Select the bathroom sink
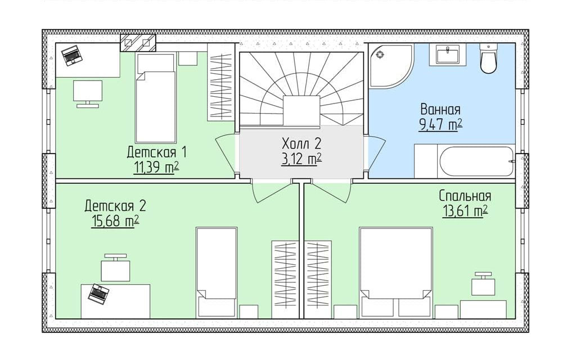[447, 55]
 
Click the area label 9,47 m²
[440, 125]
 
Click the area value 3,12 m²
[301, 159]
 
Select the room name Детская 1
[157, 152]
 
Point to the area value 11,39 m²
[156, 168]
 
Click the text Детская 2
[115, 206]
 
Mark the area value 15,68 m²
[115, 222]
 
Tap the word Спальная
[465, 196]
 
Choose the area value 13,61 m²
[465, 211]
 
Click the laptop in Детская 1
[71, 56]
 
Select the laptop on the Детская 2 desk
[98, 293]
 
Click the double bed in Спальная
[396, 272]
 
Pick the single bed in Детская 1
[155, 98]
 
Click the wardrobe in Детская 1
[220, 82]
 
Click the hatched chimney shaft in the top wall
[138, 43]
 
